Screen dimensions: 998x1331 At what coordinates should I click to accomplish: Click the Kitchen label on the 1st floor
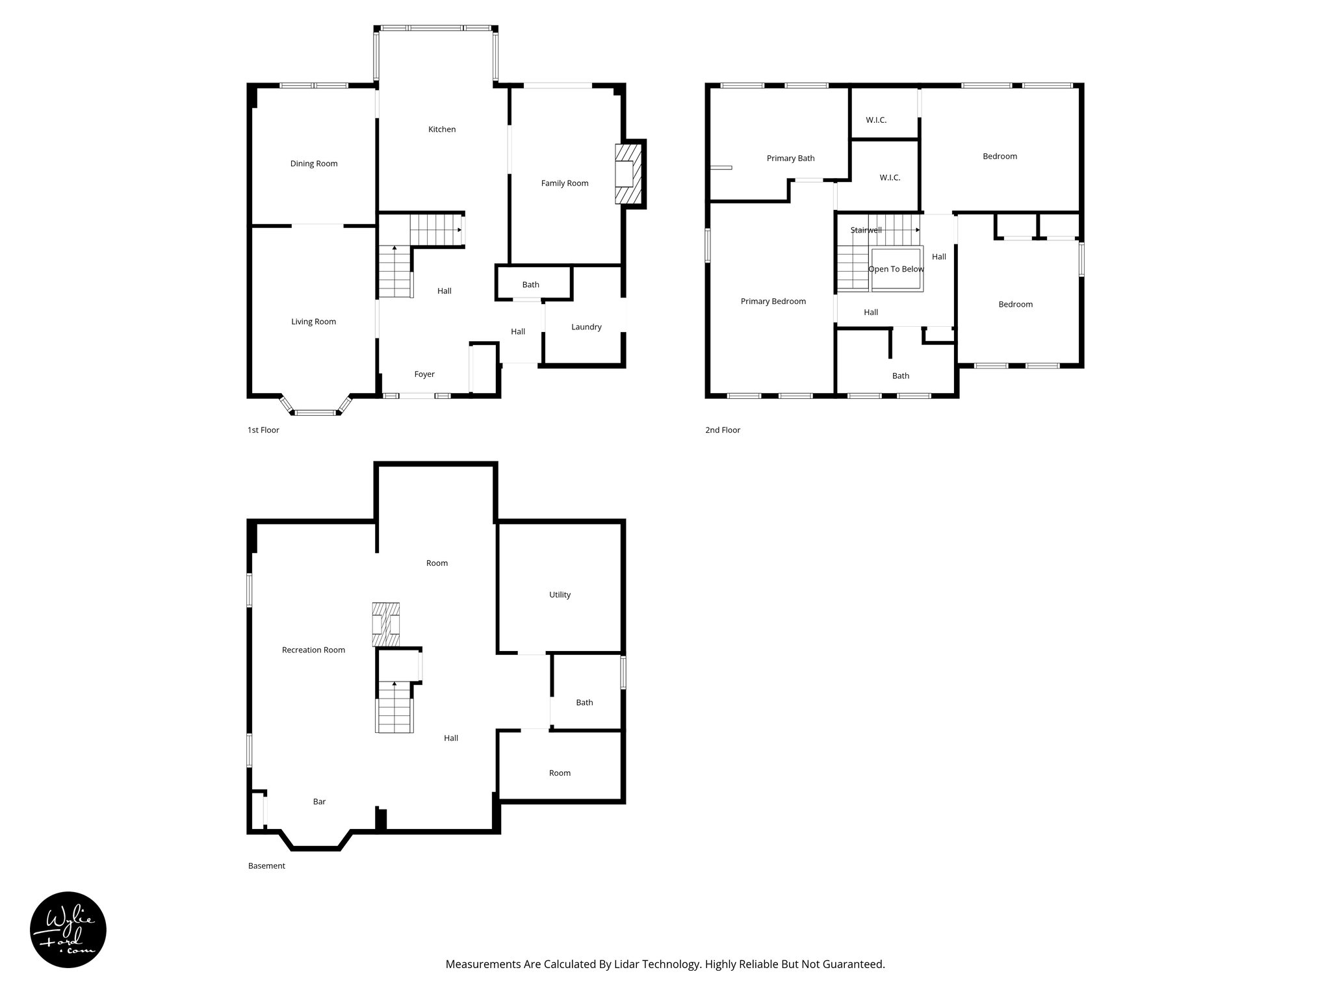click(x=442, y=129)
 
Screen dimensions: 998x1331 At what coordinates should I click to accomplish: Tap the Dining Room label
click(x=314, y=164)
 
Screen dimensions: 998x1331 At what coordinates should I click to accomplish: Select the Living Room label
click(x=313, y=322)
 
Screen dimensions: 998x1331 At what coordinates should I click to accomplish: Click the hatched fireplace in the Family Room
click(x=628, y=174)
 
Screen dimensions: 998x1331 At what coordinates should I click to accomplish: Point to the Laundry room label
click(x=586, y=327)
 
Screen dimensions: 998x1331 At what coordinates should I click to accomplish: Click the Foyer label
click(x=424, y=374)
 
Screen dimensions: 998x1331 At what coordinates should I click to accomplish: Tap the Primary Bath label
click(x=790, y=159)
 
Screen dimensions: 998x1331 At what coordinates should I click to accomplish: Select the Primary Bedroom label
click(x=773, y=301)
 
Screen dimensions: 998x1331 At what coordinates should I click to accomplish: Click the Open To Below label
click(x=896, y=269)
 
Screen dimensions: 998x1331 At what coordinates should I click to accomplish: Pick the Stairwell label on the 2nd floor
click(x=866, y=230)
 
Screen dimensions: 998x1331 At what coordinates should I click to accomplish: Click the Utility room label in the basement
click(x=560, y=595)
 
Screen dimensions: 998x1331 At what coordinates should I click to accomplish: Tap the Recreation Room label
click(x=313, y=650)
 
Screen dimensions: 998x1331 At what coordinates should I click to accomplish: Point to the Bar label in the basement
click(x=319, y=802)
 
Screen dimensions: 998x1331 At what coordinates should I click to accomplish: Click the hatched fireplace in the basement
click(x=385, y=624)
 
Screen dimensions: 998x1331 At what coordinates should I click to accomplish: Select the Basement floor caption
click(x=266, y=866)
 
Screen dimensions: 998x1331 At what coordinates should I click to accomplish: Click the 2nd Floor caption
click(x=723, y=430)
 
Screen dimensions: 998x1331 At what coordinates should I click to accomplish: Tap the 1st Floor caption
click(x=263, y=430)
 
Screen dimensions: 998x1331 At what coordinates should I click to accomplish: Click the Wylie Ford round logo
click(x=68, y=930)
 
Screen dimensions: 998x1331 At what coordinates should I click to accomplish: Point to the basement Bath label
click(x=584, y=702)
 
